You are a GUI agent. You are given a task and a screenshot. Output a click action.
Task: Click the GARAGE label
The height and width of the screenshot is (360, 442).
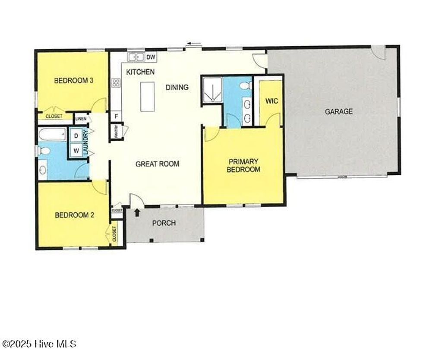point(338,111)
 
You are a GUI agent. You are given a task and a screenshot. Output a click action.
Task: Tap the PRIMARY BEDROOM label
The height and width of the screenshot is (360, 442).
point(243,165)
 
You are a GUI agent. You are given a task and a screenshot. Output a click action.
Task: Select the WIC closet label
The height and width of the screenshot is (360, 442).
point(272,101)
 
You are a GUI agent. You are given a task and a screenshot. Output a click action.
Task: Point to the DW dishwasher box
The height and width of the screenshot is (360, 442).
point(150,57)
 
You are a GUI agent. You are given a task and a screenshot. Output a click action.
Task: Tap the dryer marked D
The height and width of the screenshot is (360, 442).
point(76,136)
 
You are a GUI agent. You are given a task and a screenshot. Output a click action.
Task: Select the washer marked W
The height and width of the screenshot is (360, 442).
point(76,151)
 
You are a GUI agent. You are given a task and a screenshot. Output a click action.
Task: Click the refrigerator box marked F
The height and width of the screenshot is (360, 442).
point(116,116)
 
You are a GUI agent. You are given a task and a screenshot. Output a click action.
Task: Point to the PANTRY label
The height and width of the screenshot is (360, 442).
point(116,131)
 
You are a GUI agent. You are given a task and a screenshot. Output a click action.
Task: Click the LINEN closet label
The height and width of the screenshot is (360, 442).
point(81,118)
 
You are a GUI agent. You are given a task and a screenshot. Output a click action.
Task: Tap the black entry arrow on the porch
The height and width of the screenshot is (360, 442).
point(137,212)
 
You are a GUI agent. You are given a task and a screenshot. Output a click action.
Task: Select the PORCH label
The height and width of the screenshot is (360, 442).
point(164,223)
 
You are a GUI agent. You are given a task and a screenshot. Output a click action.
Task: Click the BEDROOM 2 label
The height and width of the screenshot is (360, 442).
point(74,215)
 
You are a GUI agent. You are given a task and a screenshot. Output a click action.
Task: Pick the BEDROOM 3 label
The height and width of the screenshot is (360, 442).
point(74,80)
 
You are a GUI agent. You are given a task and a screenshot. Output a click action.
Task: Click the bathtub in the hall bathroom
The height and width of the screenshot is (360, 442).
point(52,134)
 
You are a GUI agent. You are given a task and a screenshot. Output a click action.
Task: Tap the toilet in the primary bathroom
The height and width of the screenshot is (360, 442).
point(246,86)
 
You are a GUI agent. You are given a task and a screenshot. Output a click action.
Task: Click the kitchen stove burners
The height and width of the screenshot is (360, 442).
point(116,83)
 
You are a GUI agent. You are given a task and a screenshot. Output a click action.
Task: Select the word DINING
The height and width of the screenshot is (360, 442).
point(177,87)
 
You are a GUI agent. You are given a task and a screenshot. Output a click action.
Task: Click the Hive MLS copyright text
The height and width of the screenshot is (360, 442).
point(39,344)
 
